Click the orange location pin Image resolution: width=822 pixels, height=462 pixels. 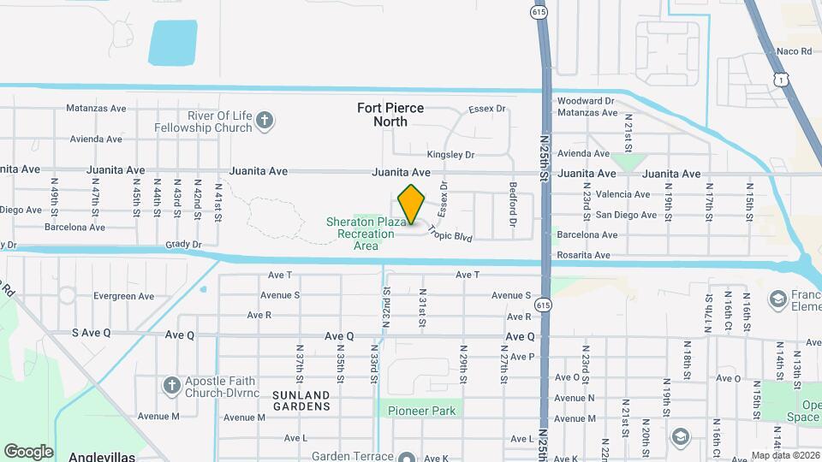click(412, 204)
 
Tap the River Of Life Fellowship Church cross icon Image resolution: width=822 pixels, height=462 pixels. click(265, 121)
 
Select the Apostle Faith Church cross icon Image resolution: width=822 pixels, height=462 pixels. click(170, 385)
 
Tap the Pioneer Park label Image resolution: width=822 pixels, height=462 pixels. click(421, 411)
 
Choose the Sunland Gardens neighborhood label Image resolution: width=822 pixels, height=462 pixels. click(301, 400)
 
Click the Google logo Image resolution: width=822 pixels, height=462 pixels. click(28, 451)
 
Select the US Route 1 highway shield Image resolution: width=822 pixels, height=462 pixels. click(780, 79)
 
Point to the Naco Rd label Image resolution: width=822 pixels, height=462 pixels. click(794, 51)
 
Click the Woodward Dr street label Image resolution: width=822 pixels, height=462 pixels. click(586, 100)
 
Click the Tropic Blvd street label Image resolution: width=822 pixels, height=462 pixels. click(450, 232)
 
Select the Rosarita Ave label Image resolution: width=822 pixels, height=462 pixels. click(583, 255)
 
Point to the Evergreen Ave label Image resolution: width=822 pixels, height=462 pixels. click(123, 296)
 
